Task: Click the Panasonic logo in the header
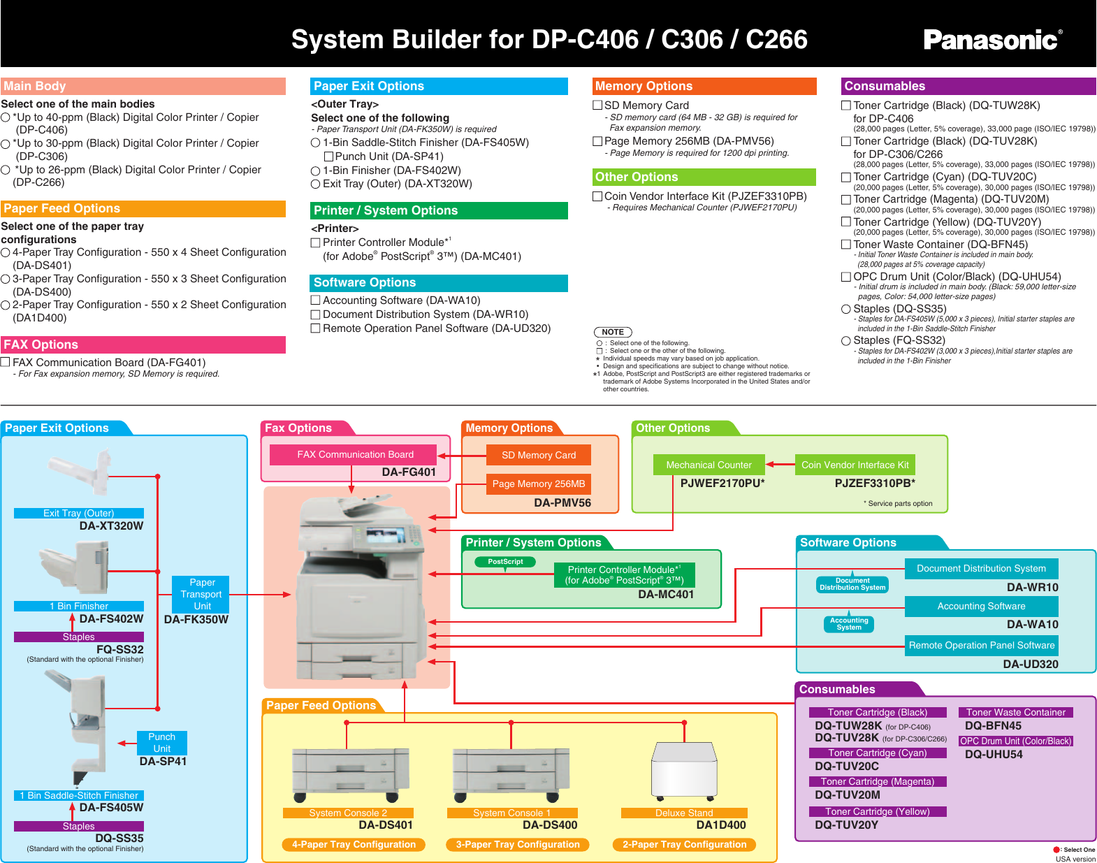(x=992, y=40)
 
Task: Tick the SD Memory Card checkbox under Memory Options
(x=597, y=105)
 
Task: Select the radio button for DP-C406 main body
(x=6, y=117)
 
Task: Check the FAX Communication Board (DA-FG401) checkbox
(x=6, y=362)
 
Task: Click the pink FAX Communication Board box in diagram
(x=354, y=455)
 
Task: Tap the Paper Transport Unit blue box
(x=201, y=594)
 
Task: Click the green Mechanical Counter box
(x=709, y=465)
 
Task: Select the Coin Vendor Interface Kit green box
(x=855, y=465)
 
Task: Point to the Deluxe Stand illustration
(x=684, y=769)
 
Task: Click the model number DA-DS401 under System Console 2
(x=385, y=825)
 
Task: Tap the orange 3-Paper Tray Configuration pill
(x=517, y=844)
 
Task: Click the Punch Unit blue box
(x=161, y=743)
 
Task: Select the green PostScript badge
(x=505, y=562)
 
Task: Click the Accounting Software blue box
(x=981, y=607)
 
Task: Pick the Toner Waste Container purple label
(x=1015, y=713)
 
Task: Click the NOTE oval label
(x=613, y=332)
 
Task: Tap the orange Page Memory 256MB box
(x=538, y=484)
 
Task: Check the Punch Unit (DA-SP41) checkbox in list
(x=329, y=157)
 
